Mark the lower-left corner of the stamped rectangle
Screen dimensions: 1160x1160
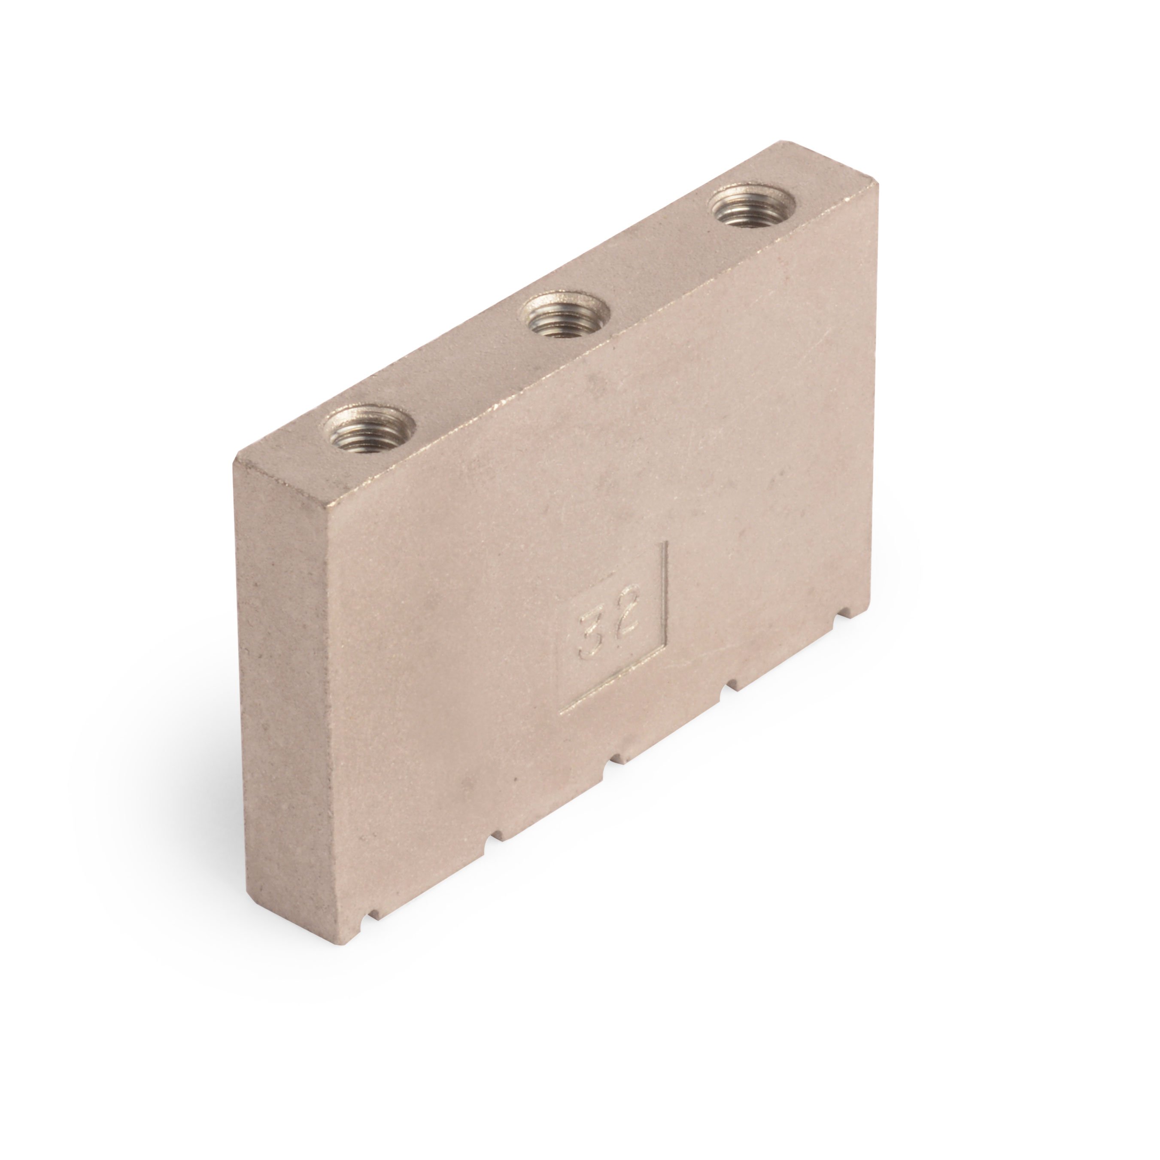click(x=560, y=713)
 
